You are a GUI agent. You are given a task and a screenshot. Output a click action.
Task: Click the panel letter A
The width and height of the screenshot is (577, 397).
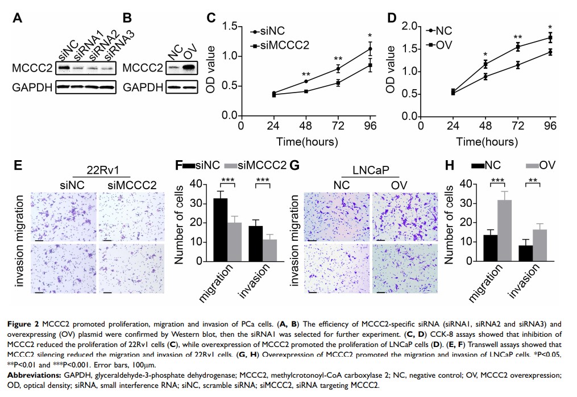coord(18,18)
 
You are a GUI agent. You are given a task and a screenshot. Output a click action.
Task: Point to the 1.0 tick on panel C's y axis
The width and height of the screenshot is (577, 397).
coord(229,56)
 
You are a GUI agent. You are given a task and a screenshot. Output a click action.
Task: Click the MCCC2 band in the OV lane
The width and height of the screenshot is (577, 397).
coord(189,69)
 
